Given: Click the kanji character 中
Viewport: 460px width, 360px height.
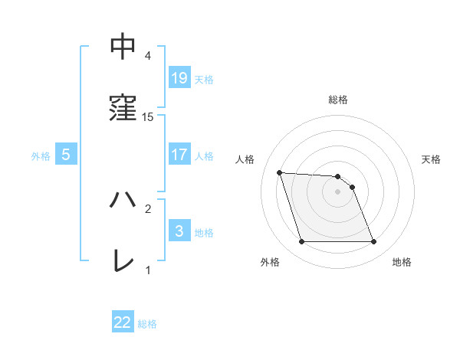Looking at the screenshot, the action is click(x=123, y=47).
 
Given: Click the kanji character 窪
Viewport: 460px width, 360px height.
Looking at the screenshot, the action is click(x=123, y=106).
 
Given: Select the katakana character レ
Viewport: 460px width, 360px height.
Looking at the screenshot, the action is click(x=123, y=260).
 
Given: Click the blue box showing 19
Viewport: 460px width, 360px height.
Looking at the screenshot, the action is click(x=179, y=77).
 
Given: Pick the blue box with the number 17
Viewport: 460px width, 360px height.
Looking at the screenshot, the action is click(x=179, y=155).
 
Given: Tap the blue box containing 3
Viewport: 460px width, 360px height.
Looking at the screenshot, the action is click(x=179, y=231).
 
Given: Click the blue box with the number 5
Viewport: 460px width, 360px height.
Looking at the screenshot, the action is click(x=66, y=155).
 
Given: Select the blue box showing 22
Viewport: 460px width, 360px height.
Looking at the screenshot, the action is click(x=123, y=323).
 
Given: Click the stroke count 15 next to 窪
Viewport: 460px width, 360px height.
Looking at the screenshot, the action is click(x=148, y=116).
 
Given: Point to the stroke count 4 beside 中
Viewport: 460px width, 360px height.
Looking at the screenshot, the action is click(x=148, y=56).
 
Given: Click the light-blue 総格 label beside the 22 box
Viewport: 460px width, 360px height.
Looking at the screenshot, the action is click(x=147, y=324).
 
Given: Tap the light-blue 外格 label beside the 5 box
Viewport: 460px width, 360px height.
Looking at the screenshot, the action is click(x=41, y=155).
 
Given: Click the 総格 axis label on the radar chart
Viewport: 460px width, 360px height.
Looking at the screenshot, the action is click(x=338, y=100).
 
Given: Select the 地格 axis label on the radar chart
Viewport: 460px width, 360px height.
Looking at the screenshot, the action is click(x=402, y=263).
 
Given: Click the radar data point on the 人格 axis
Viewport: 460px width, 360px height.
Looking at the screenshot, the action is click(x=279, y=172).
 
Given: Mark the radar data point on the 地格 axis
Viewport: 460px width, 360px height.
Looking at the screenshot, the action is click(x=374, y=242).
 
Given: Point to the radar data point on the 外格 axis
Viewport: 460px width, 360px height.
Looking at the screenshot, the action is click(x=301, y=242).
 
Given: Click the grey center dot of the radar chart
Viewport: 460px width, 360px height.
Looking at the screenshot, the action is click(x=337, y=191).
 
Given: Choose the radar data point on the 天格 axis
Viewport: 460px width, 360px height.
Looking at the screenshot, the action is click(x=352, y=187).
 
